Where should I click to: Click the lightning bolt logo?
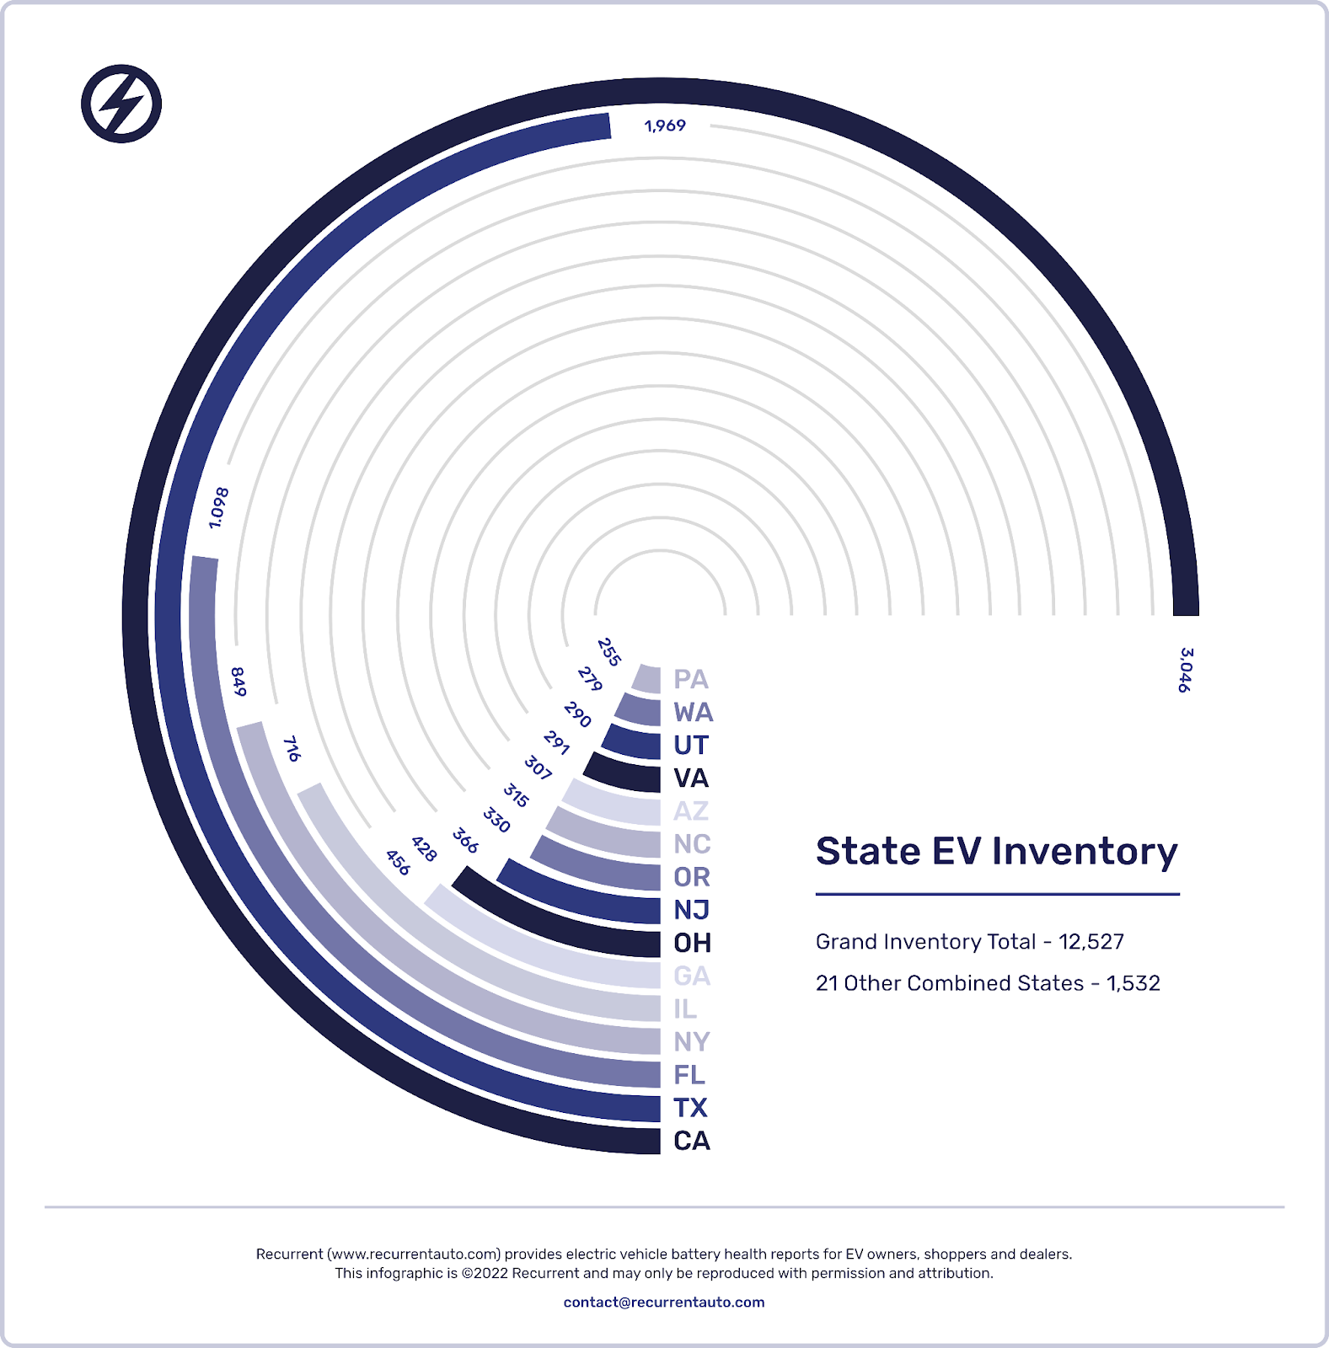(x=121, y=104)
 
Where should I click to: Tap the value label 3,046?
(x=1186, y=670)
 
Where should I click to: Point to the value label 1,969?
(x=665, y=126)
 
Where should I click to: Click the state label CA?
(x=692, y=1141)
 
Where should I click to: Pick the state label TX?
(x=690, y=1108)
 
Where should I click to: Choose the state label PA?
(x=691, y=679)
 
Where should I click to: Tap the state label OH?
(x=693, y=943)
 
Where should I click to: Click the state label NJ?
(x=692, y=910)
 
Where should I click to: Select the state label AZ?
(x=691, y=811)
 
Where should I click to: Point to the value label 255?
(x=608, y=652)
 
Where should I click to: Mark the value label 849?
(x=238, y=682)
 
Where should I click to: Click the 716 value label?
(x=292, y=748)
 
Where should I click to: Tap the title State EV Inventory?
(x=996, y=852)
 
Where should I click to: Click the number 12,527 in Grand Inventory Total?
(x=1091, y=942)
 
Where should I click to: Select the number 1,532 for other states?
(x=1133, y=983)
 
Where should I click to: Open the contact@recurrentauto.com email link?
(x=664, y=1302)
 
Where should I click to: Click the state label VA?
(x=691, y=778)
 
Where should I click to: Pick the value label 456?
(x=398, y=862)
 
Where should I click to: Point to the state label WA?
(x=694, y=713)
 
